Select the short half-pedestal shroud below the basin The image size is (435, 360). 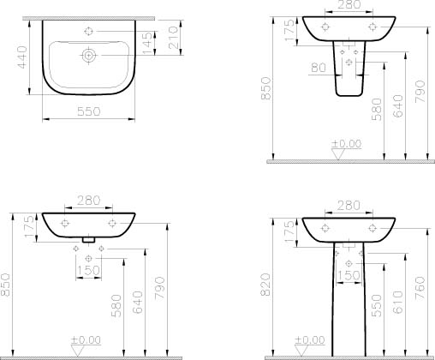(349, 80)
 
